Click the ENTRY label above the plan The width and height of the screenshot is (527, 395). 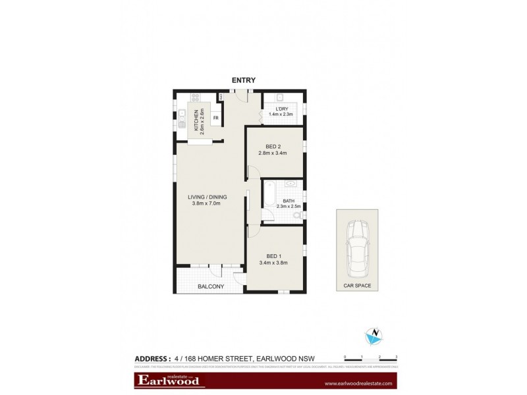[244, 80]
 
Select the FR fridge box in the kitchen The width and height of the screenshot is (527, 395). [215, 119]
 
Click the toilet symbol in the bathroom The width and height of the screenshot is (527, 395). [298, 215]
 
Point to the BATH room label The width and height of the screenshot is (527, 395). [288, 201]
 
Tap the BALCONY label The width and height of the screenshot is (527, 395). [211, 286]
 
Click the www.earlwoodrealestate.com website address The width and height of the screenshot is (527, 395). [358, 382]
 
